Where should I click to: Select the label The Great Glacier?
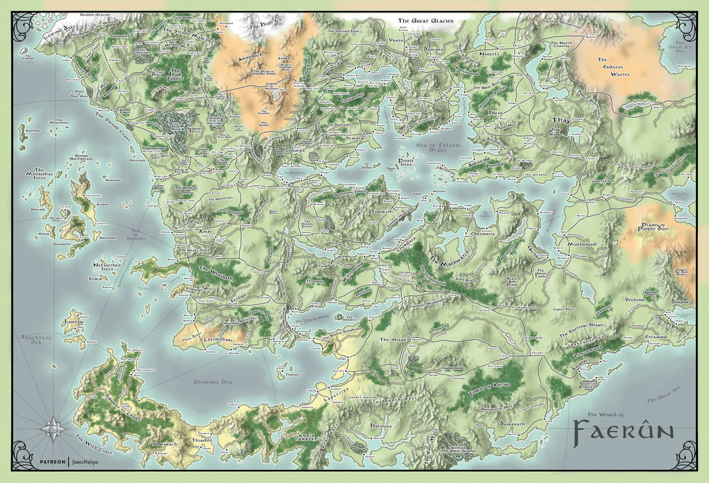(426, 21)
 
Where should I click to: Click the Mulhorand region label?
(575, 249)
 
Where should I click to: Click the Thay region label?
(562, 121)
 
